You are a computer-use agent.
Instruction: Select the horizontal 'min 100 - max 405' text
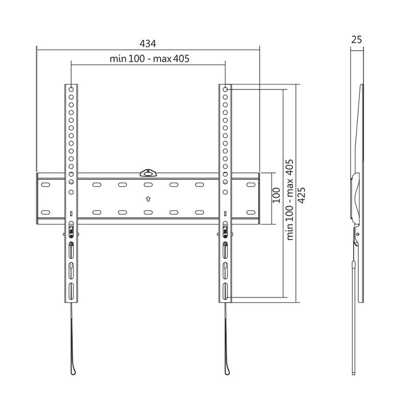(149, 59)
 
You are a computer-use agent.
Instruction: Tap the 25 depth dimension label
(357, 39)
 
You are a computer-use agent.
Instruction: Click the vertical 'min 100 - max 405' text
(289, 199)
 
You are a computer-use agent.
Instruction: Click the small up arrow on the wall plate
(148, 198)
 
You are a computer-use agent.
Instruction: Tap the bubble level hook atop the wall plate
(148, 172)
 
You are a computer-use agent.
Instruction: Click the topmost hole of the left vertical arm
(71, 88)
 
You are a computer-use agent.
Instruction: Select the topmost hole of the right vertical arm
(225, 88)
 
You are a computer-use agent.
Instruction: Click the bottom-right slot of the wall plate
(251, 212)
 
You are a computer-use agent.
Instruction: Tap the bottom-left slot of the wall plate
(46, 212)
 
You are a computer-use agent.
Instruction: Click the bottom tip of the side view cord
(354, 373)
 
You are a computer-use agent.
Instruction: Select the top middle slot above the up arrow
(148, 185)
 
